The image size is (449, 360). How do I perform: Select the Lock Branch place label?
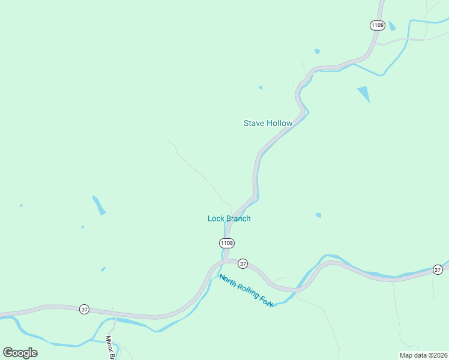tap(229, 218)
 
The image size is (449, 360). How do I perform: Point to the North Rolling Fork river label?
tap(246, 290)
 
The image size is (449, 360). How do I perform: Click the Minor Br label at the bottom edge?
tap(110, 347)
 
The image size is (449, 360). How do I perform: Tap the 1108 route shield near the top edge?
tap(377, 25)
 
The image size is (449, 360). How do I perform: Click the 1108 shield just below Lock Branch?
tap(226, 243)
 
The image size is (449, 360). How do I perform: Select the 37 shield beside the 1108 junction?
tap(243, 263)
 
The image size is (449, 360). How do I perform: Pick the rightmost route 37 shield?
tap(438, 270)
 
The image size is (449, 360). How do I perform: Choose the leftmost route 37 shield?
tap(84, 309)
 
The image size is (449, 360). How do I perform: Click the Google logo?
tap(20, 353)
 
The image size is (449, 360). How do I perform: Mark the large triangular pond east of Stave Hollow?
tap(364, 93)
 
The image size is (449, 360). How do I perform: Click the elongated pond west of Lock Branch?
tap(99, 205)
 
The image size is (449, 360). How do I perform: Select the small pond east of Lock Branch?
tap(318, 215)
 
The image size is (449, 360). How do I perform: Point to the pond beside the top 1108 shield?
tap(392, 26)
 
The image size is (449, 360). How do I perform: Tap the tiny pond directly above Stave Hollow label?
tap(261, 88)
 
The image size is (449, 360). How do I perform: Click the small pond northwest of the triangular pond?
tap(317, 52)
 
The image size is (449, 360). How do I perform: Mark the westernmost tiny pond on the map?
tap(21, 206)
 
